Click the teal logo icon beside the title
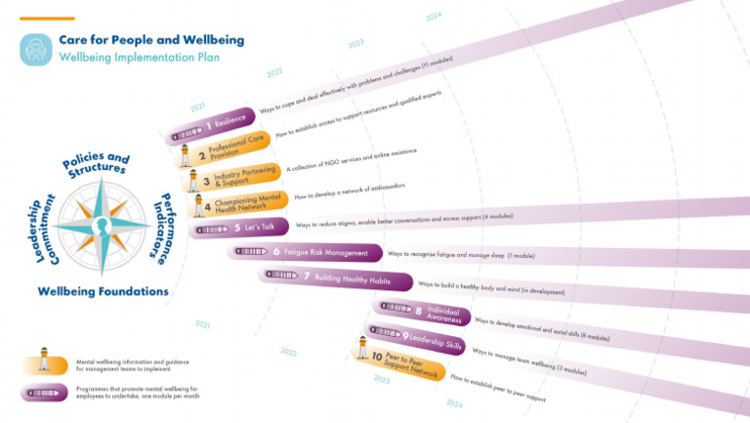35,49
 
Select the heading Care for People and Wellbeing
151,40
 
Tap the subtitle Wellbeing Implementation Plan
139,58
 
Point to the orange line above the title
46,19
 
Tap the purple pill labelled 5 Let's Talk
237,229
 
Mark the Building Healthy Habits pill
338,277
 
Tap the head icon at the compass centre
102,226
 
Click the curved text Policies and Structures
94,163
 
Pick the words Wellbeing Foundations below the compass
103,291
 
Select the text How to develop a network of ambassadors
349,190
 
